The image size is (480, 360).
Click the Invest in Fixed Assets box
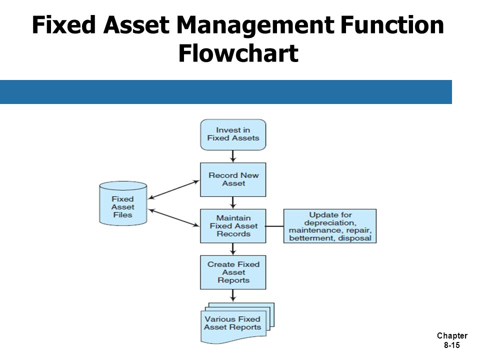point(233,134)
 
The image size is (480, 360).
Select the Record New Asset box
point(233,179)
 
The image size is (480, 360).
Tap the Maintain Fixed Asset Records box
point(233,226)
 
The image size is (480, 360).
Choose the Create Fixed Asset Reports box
point(233,272)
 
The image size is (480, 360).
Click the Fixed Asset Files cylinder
point(123,203)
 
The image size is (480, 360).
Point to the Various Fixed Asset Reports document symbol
point(237,323)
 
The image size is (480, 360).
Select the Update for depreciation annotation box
point(329,226)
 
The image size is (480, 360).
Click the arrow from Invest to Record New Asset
point(233,156)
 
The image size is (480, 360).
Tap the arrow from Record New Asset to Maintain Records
point(233,202)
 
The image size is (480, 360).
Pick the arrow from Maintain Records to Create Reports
point(233,249)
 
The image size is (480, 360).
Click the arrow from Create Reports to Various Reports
point(233,295)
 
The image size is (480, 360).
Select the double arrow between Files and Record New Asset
point(173,190)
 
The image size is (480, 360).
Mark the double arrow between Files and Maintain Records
point(173,217)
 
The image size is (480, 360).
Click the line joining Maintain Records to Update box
point(274,226)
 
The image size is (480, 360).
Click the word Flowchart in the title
point(238,53)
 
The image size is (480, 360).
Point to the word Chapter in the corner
point(452,336)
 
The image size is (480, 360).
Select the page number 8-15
point(452,345)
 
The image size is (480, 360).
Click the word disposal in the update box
point(354,238)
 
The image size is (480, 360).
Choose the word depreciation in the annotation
point(330,222)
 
